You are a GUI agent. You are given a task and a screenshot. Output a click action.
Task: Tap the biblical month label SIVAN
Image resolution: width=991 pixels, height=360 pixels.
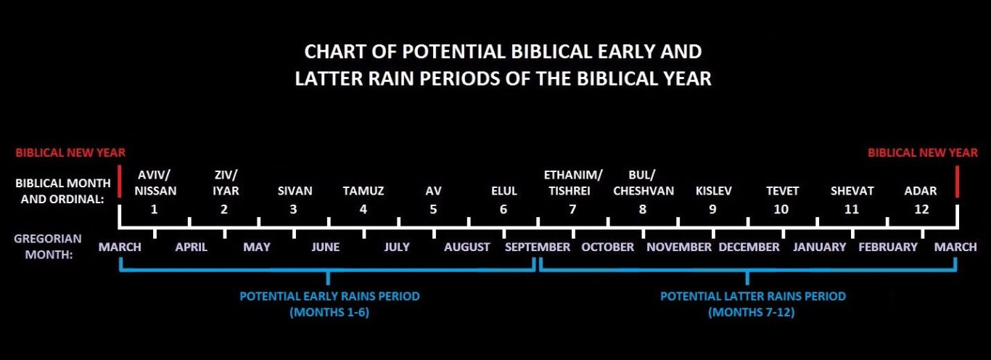(295, 191)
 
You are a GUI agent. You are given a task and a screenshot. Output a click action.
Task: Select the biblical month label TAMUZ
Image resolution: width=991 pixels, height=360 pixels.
(363, 191)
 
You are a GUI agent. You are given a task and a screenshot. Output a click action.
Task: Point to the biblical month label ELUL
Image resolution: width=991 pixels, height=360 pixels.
(504, 191)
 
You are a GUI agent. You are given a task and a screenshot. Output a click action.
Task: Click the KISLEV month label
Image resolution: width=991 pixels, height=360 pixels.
(714, 191)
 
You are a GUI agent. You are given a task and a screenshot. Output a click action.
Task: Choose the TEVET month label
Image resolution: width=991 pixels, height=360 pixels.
(782, 191)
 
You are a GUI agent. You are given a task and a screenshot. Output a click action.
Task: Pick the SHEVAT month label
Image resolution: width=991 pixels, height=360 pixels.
(852, 191)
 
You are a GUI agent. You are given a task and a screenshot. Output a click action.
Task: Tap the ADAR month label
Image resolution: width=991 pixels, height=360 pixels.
(920, 191)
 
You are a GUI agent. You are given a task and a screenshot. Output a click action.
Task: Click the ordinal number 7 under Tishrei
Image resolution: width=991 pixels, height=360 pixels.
(572, 209)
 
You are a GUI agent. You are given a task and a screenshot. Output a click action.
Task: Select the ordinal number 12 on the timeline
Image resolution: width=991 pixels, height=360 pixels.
(921, 209)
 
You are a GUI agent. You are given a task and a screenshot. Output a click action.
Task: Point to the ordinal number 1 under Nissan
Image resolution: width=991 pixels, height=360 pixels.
(154, 209)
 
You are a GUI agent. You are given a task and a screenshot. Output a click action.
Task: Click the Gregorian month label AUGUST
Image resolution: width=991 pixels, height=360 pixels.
(466, 247)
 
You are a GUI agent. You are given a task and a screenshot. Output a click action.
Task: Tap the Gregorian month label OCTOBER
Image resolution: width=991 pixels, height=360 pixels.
(607, 247)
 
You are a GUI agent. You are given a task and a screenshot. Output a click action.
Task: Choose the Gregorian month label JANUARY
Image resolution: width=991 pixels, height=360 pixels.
(819, 247)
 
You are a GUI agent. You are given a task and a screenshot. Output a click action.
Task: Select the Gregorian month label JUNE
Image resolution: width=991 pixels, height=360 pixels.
(326, 247)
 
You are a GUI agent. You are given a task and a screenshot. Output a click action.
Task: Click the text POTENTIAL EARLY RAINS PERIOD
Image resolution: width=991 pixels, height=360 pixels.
(329, 296)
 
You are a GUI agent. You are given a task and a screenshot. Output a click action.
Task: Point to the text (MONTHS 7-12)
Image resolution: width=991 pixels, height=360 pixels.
(751, 312)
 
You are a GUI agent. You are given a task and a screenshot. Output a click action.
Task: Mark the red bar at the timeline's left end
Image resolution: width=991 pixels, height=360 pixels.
(120, 181)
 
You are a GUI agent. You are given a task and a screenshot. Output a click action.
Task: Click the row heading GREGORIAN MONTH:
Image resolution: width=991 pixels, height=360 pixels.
(48, 247)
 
